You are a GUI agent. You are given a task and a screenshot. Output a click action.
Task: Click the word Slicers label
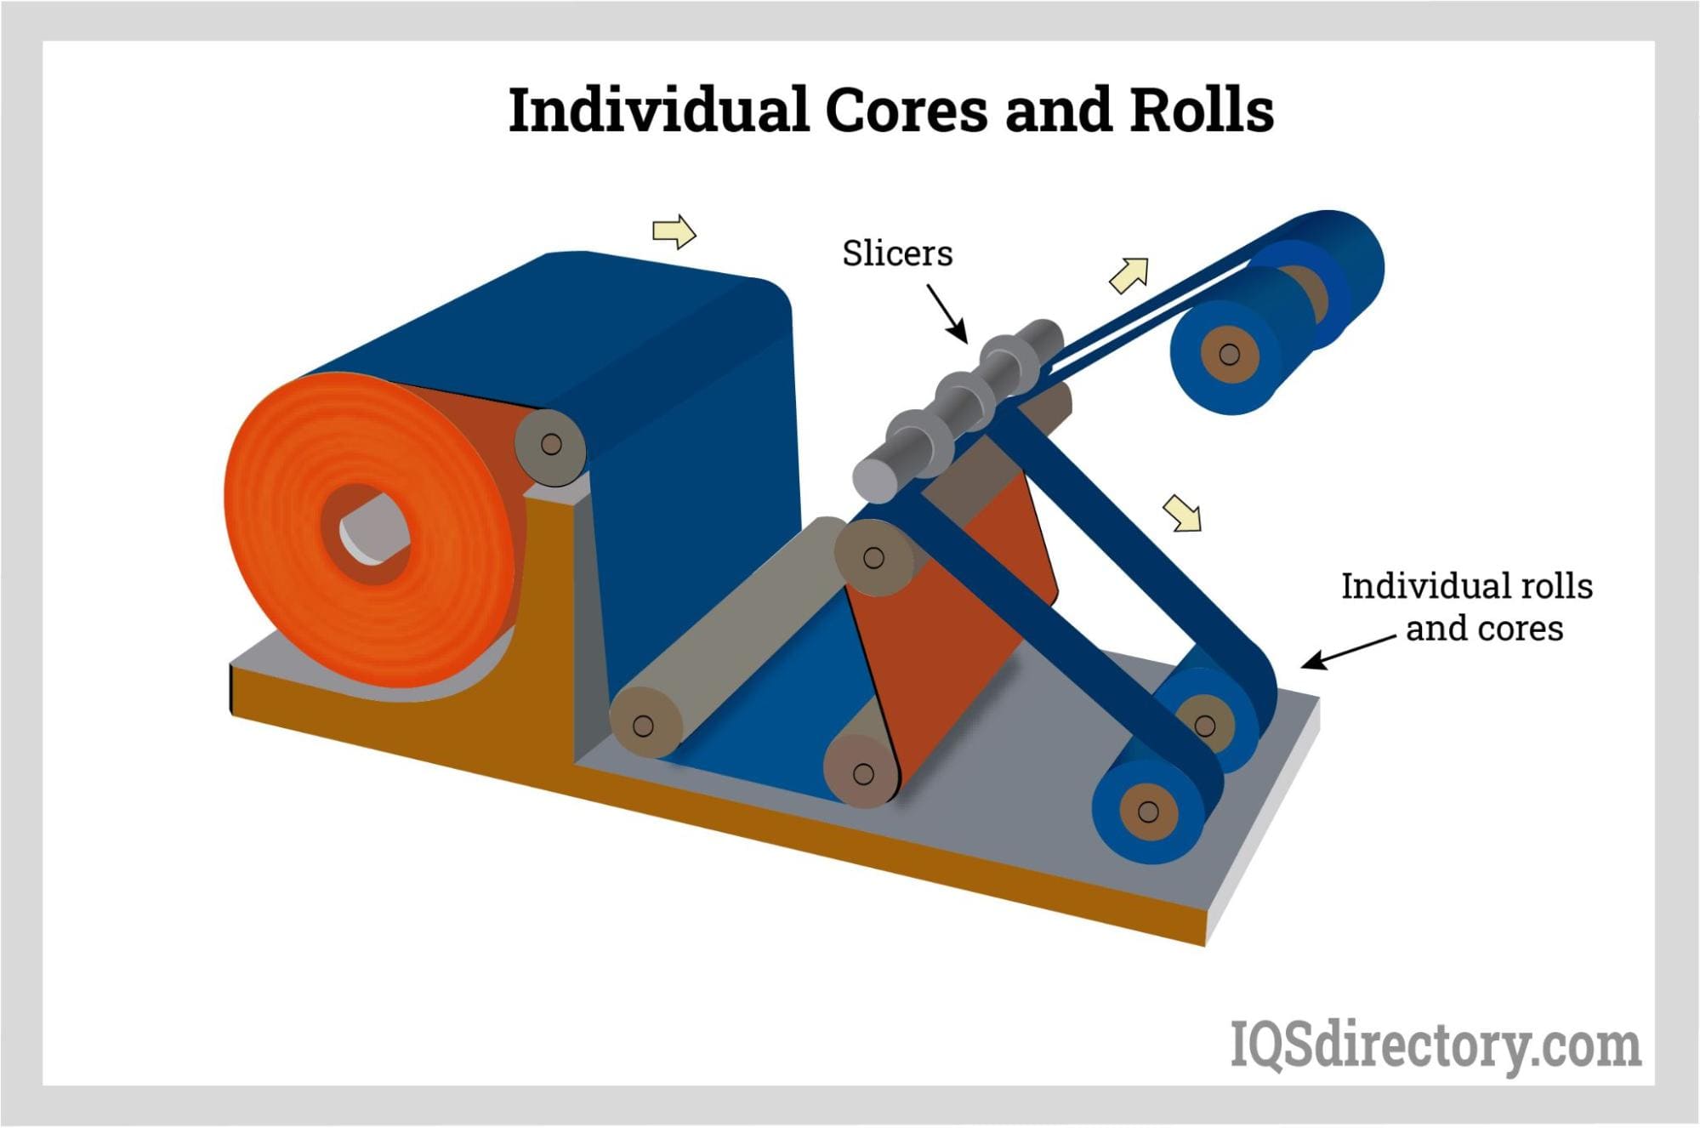(897, 254)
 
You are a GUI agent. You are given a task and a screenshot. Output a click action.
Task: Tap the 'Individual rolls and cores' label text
(1466, 607)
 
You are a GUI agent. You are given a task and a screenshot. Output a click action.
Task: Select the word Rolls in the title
(1201, 111)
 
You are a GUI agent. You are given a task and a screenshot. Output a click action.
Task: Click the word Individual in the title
(657, 111)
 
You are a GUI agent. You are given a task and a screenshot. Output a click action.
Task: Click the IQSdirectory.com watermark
(1436, 1045)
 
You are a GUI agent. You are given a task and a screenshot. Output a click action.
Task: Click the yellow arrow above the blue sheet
(674, 231)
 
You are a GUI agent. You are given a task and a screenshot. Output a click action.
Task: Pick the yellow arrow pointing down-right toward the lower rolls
(1183, 513)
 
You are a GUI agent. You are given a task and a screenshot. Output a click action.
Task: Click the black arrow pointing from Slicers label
(947, 313)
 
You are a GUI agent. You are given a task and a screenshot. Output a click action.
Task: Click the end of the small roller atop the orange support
(551, 444)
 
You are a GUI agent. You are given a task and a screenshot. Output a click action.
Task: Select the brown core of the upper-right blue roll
(1229, 353)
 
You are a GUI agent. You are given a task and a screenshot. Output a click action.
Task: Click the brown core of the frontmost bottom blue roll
(1147, 812)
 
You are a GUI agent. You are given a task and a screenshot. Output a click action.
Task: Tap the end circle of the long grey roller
(644, 726)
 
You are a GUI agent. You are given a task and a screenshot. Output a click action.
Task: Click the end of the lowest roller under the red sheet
(862, 773)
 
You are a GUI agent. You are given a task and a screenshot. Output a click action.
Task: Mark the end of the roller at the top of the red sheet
(873, 558)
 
